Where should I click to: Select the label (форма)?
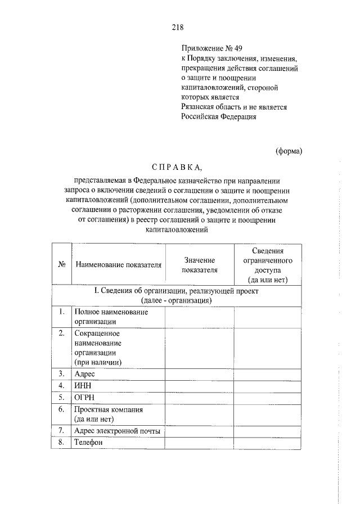pos(289,150)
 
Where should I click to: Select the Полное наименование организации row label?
pos(103,316)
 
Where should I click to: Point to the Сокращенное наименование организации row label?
pos(98,347)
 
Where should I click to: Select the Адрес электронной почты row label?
pos(117,431)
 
